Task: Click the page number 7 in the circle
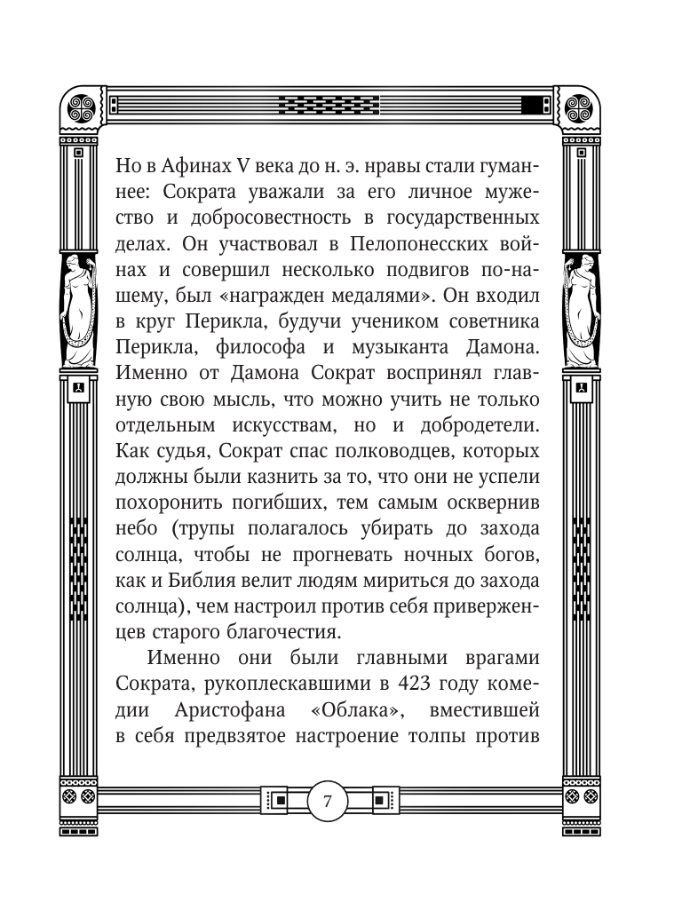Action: [327, 802]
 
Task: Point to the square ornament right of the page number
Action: [377, 802]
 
